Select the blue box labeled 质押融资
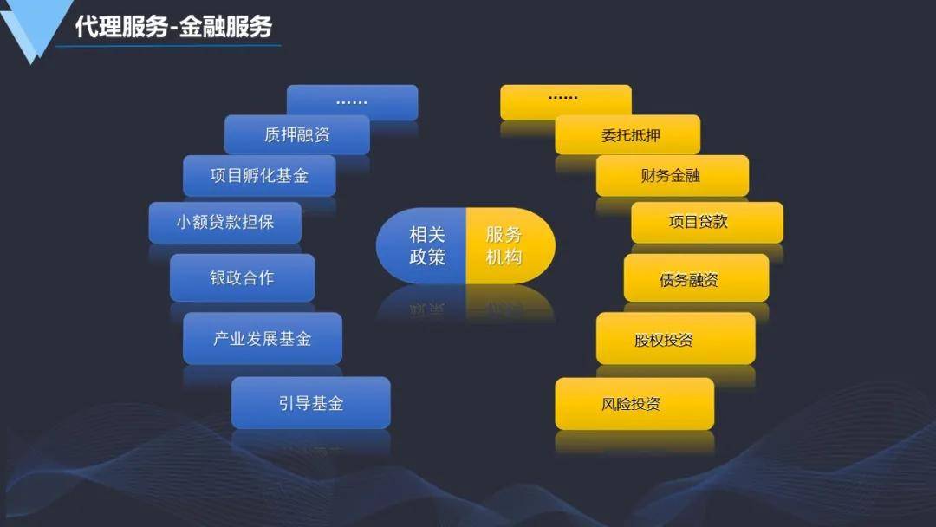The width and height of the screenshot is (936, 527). [296, 134]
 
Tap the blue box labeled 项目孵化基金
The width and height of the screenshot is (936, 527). [258, 176]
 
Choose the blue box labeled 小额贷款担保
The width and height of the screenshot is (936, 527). [224, 222]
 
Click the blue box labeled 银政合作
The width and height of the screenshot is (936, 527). [242, 277]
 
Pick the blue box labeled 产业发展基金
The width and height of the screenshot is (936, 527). [262, 338]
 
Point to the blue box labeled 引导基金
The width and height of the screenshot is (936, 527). [310, 403]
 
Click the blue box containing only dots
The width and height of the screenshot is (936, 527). [352, 101]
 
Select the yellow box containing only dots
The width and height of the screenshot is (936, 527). [565, 101]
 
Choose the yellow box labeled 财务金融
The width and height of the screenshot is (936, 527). [671, 176]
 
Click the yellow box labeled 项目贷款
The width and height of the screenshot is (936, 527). [706, 222]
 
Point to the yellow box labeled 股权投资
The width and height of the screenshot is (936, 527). [674, 339]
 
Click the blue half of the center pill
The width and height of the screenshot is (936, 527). [423, 245]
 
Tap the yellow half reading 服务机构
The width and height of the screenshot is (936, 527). [508, 245]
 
